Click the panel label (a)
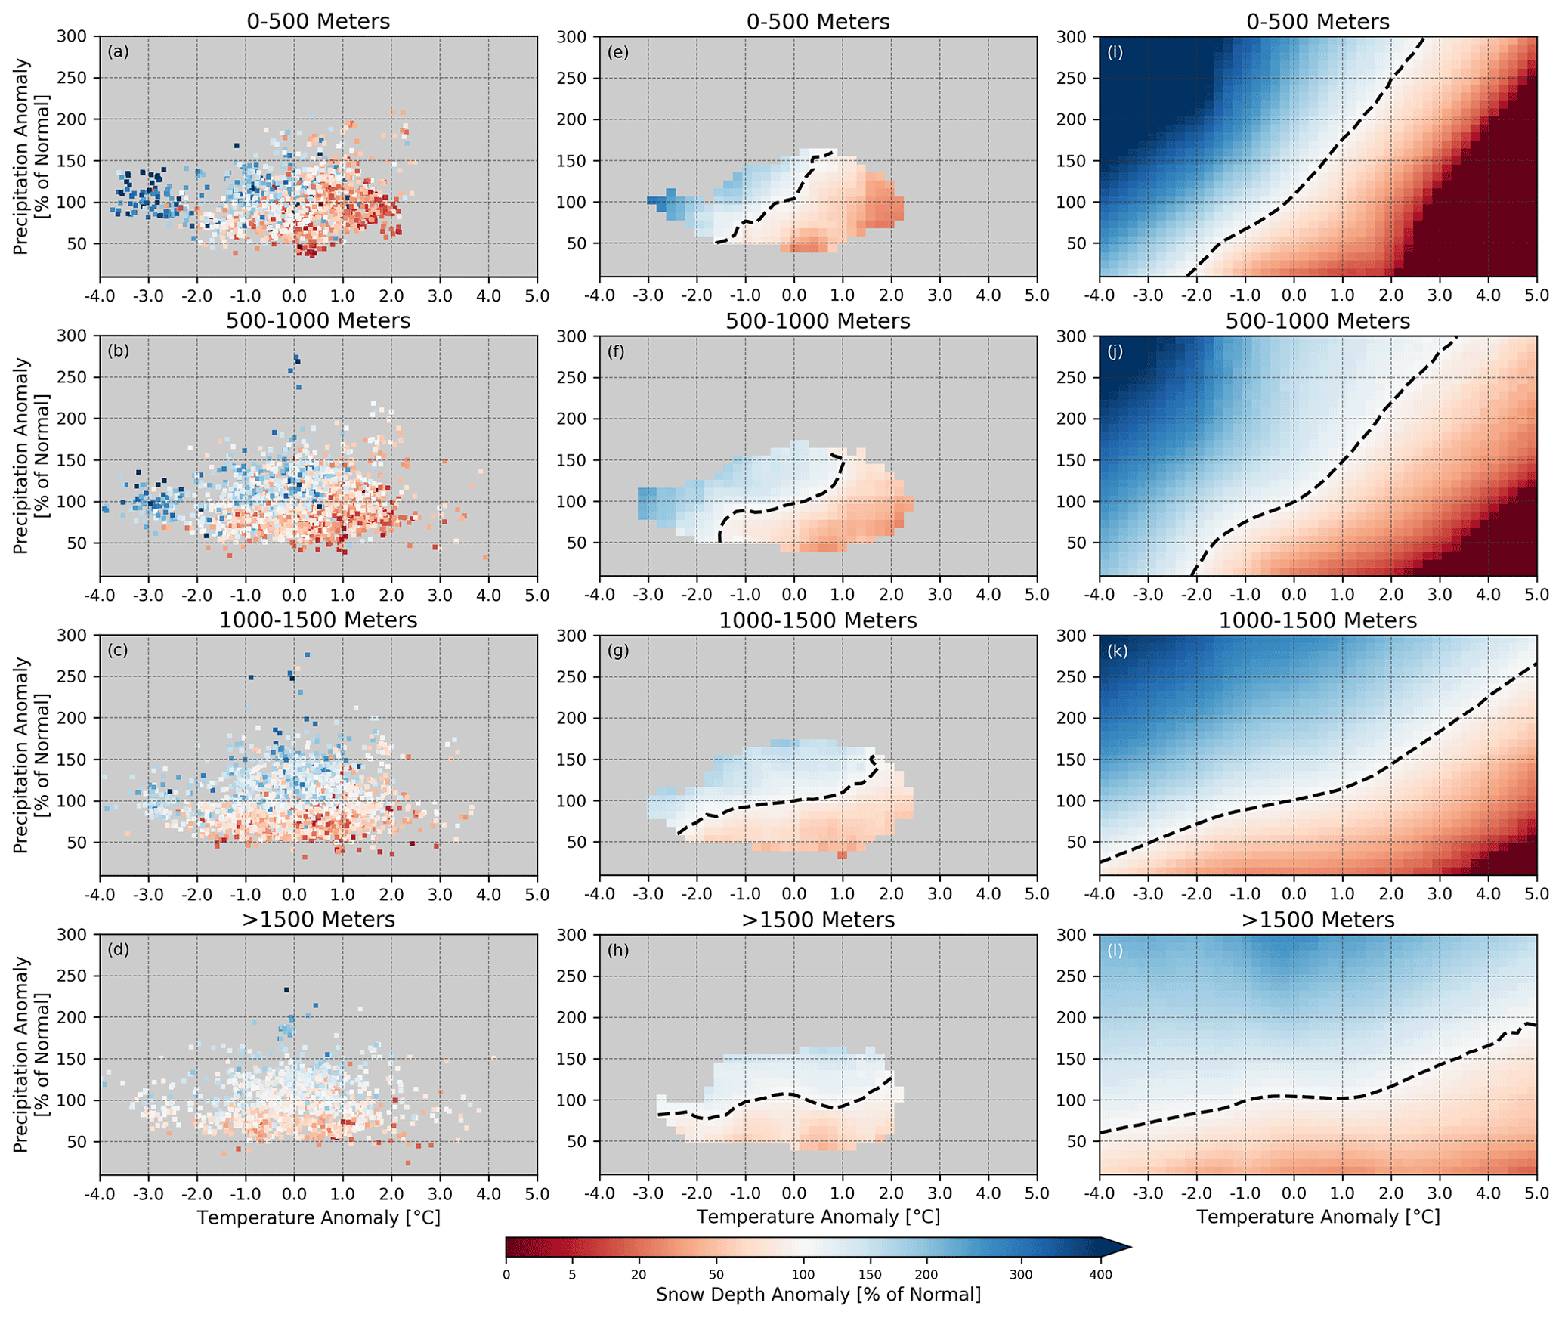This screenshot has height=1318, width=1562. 118,52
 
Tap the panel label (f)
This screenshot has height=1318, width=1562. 616,351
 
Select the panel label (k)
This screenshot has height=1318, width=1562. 1117,651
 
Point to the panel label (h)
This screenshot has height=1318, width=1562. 617,950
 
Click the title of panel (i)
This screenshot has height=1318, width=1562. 1317,22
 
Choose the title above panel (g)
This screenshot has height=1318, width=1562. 818,620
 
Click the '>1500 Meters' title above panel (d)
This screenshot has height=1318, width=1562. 318,920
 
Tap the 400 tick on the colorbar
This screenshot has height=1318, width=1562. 1100,1275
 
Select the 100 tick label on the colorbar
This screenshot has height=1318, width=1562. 803,1275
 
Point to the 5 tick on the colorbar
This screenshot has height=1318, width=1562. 572,1275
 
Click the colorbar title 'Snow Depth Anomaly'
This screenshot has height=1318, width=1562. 818,1295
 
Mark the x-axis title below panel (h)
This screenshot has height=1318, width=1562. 818,1217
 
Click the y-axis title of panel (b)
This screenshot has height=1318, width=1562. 30,456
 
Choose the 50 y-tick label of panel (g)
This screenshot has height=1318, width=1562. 577,842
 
